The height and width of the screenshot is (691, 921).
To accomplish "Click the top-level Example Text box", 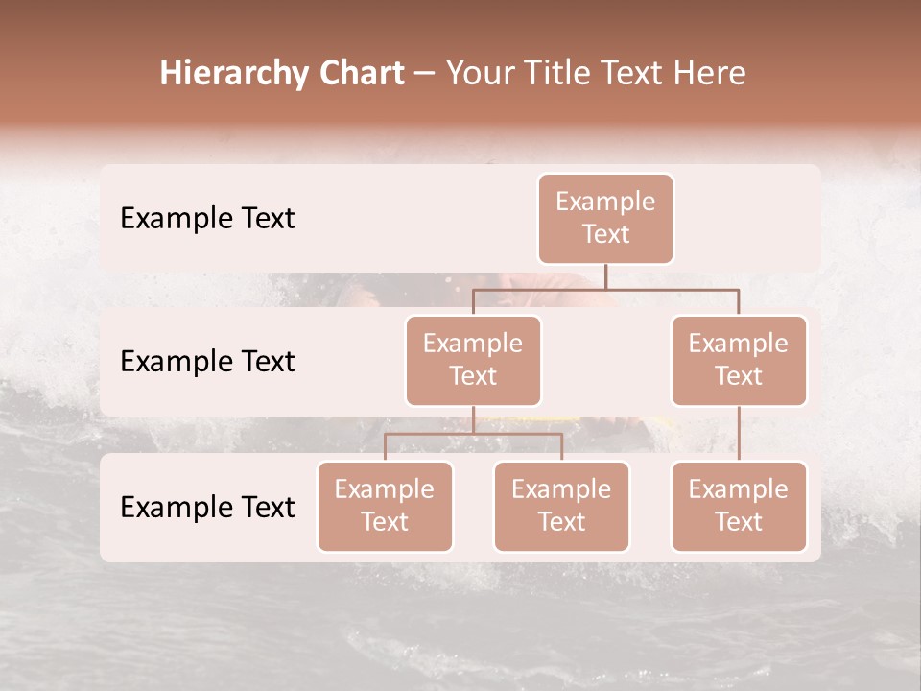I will [x=605, y=219].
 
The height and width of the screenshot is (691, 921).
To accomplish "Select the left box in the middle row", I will [x=473, y=361].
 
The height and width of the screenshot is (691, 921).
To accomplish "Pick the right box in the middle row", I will [x=739, y=361].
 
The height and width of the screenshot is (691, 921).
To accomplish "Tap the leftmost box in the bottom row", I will [x=385, y=507].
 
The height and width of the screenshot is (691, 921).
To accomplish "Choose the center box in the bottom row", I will [x=561, y=507].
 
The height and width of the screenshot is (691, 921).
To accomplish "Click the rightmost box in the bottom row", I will [x=739, y=507].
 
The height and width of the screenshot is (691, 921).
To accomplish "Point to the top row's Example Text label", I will [x=207, y=219].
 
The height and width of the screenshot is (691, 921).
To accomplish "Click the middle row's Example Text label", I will [x=207, y=362].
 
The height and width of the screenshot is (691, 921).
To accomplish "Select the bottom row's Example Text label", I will [x=207, y=507].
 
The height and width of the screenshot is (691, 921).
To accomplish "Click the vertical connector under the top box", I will [x=605, y=275].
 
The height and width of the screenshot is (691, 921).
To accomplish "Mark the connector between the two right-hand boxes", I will [x=739, y=434].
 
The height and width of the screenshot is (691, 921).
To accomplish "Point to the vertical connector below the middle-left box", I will [x=473, y=419].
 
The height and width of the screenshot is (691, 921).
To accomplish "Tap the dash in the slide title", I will [x=424, y=75].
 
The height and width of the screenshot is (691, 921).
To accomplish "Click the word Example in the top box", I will [x=605, y=202].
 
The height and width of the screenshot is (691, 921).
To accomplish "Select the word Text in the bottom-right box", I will [x=739, y=522].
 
